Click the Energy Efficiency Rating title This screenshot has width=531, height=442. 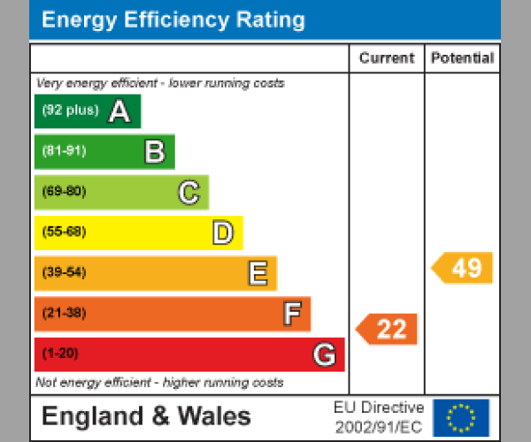173,20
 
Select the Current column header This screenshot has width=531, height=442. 386,58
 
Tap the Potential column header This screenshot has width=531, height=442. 462,58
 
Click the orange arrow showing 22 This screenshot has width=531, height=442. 388,330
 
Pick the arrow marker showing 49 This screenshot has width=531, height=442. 463,268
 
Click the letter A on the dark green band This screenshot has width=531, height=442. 119,111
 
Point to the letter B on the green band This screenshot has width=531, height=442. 154,152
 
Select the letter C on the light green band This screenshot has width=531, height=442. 189,192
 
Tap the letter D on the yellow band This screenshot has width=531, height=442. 222,233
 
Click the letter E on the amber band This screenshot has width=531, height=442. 257,273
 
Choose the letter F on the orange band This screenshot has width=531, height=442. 291,314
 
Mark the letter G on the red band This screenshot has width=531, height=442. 325,354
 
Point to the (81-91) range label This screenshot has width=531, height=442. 64,151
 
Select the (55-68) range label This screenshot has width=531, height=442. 64,232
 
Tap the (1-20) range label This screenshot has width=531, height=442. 60,354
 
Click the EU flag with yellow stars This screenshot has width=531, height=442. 460,417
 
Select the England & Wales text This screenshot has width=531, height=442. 146,416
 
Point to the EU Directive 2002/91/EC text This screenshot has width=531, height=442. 379,417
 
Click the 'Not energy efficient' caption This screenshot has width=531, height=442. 159,383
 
